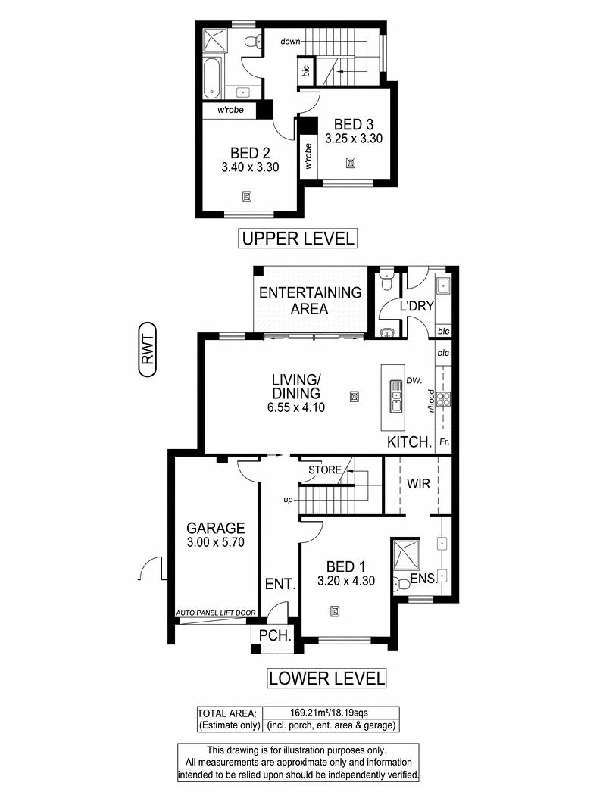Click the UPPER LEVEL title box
[x=298, y=239]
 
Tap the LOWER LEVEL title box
[x=326, y=679]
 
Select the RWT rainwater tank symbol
[x=148, y=350]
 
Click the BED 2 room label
[x=250, y=153]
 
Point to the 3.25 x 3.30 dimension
[x=354, y=138]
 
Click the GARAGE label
[x=215, y=528]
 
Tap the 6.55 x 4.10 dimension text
[x=295, y=407]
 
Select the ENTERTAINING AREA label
[x=311, y=301]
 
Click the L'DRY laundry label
[x=417, y=306]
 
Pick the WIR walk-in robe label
[x=418, y=484]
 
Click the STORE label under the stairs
[x=325, y=470]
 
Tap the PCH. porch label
[x=275, y=636]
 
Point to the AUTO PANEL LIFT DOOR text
[x=216, y=613]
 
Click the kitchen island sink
[x=395, y=397]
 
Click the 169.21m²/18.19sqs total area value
[x=330, y=713]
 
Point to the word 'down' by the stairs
[x=290, y=41]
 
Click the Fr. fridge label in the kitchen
[x=444, y=441]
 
